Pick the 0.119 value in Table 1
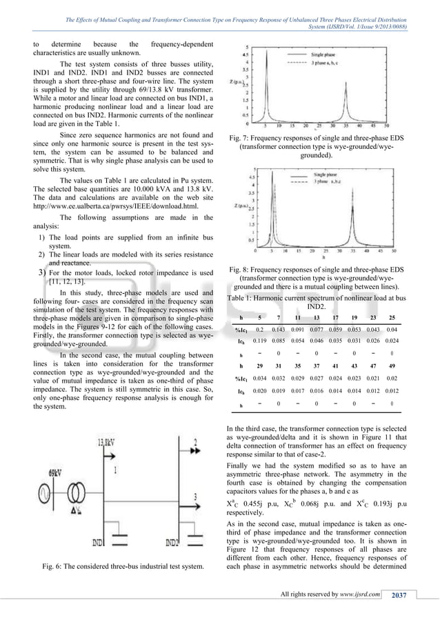pyautogui.click(x=260, y=341)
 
